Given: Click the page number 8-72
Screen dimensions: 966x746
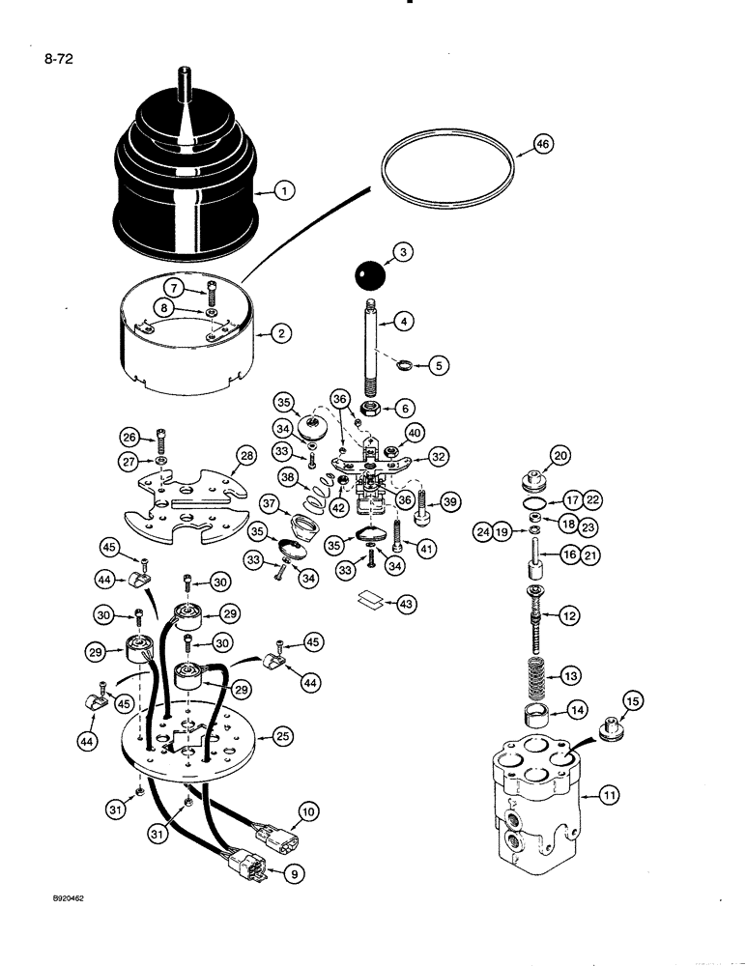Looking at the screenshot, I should point(58,59).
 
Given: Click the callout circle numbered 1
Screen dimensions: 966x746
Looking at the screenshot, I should point(284,191).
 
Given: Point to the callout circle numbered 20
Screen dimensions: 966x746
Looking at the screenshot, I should point(560,455).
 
